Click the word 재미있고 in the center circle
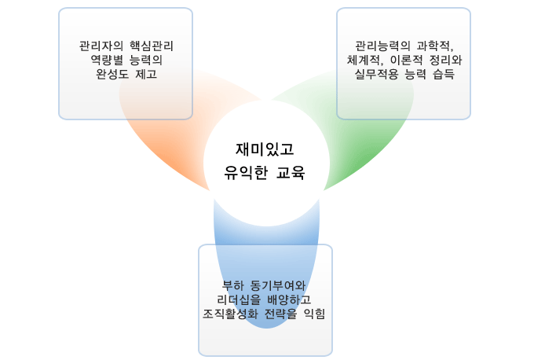click(x=265, y=149)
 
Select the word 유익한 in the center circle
click(x=246, y=172)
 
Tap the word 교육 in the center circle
click(x=291, y=172)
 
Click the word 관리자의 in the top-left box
click(x=101, y=46)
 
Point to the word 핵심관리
click(x=152, y=46)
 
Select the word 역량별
click(x=107, y=60)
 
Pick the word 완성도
click(x=112, y=74)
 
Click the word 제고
click(x=146, y=74)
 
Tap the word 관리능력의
click(x=382, y=46)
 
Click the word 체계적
click(x=364, y=60)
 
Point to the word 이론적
click(x=406, y=60)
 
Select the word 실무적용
click(x=377, y=74)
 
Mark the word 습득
click(x=444, y=74)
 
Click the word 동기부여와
click(x=278, y=285)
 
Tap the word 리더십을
click(x=239, y=299)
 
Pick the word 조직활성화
click(x=230, y=314)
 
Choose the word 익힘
click(x=314, y=314)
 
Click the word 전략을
click(x=280, y=314)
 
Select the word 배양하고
click(x=289, y=299)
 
